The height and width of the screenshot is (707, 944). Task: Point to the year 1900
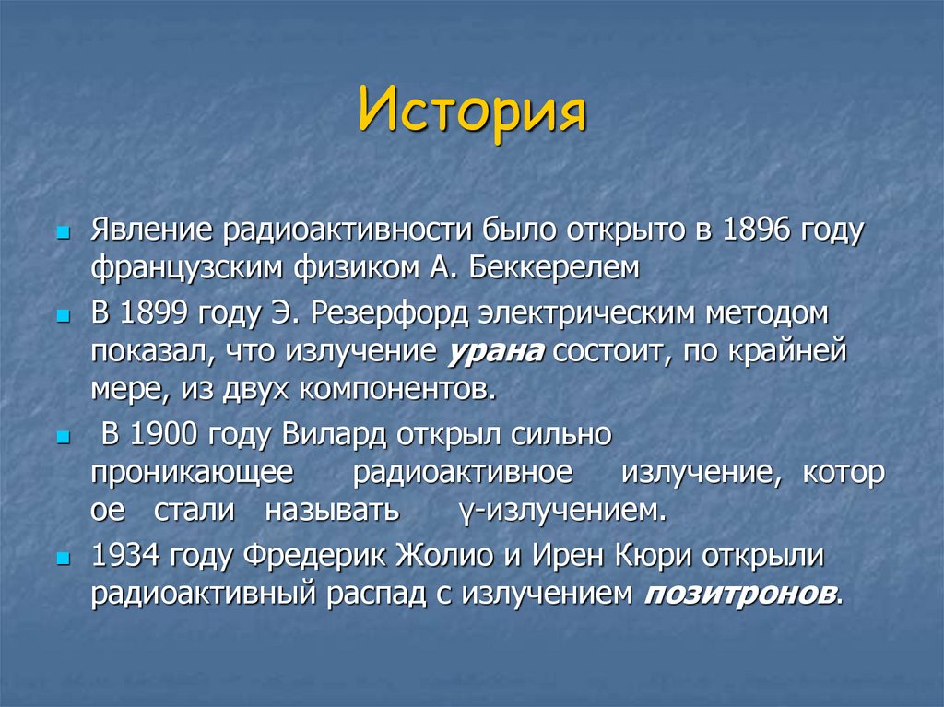[x=163, y=433]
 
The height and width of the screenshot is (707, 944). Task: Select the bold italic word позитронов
[x=740, y=592]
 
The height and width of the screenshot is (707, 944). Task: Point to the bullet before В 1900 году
[x=63, y=435]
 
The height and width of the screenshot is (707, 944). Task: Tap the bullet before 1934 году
[x=63, y=557]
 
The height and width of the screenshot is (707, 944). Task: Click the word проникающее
[x=192, y=472]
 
